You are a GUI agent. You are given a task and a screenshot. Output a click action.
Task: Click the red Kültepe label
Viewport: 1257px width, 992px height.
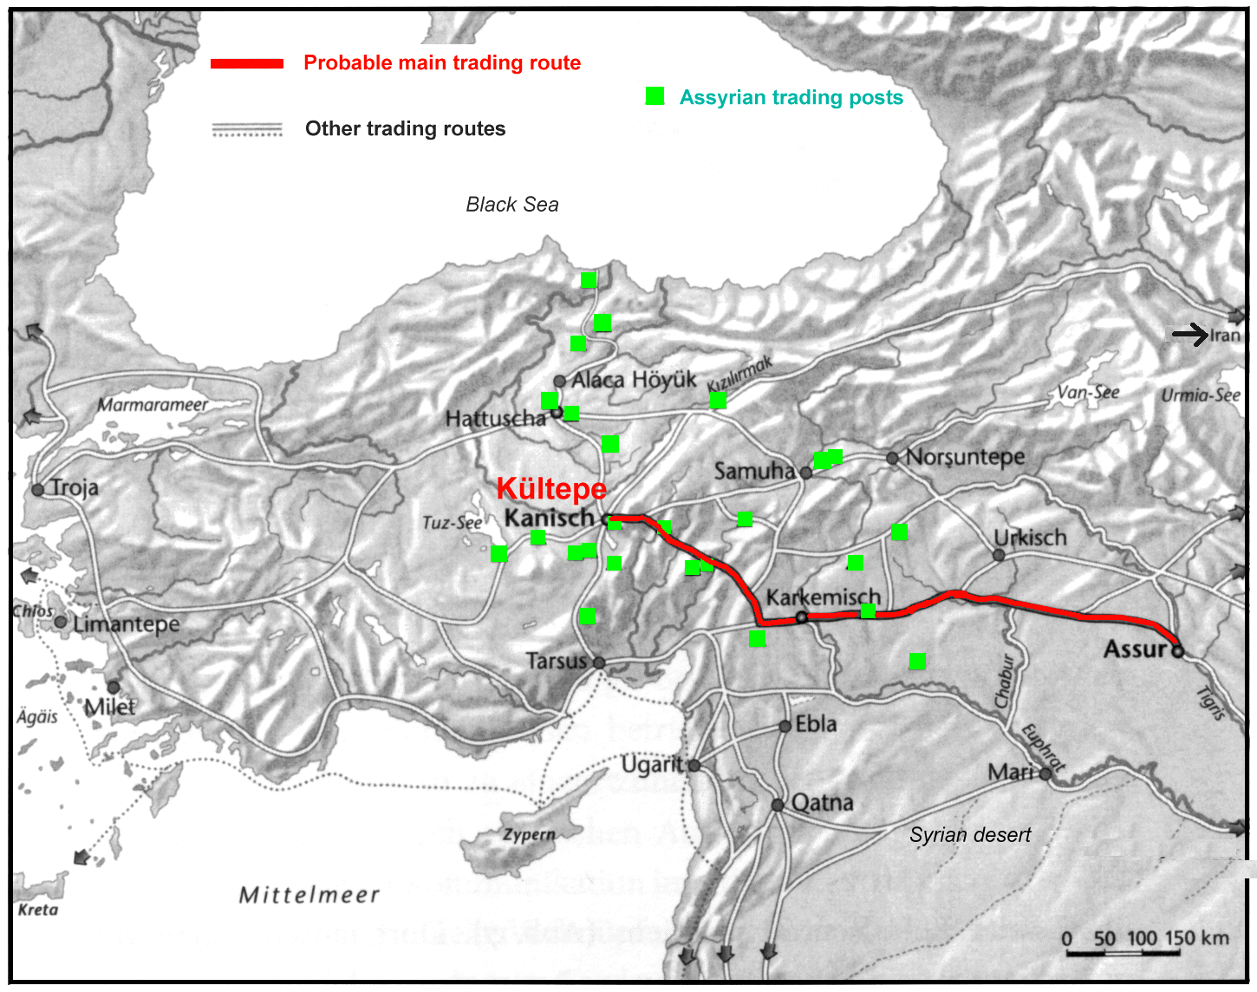pyautogui.click(x=551, y=489)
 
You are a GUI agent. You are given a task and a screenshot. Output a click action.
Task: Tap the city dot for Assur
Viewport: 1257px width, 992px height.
pyautogui.click(x=1177, y=650)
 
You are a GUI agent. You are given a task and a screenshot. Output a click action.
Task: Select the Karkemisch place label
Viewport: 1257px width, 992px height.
pyautogui.click(x=823, y=597)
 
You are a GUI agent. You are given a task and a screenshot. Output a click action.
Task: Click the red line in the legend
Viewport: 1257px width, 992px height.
pyautogui.click(x=247, y=63)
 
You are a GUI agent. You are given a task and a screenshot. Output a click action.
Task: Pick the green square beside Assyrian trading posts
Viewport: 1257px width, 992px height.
pyautogui.click(x=655, y=96)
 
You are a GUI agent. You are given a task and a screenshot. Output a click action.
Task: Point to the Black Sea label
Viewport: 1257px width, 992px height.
pyautogui.click(x=511, y=205)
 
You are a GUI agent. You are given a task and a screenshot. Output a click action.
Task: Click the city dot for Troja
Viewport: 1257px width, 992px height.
pyautogui.click(x=38, y=490)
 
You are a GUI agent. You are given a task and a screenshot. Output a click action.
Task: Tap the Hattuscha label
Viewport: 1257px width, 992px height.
pyautogui.click(x=495, y=419)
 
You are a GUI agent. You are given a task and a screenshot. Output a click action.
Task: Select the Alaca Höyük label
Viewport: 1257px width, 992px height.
pyautogui.click(x=634, y=380)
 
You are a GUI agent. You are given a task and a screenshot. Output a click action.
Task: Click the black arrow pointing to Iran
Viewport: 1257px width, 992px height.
pyautogui.click(x=1190, y=334)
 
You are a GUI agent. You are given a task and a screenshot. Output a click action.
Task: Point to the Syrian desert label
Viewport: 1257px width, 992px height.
pyautogui.click(x=969, y=835)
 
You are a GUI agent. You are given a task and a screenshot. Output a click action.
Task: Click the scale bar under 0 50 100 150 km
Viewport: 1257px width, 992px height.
pyautogui.click(x=1123, y=953)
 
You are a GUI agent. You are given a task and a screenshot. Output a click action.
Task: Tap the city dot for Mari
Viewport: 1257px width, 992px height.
pyautogui.click(x=1045, y=773)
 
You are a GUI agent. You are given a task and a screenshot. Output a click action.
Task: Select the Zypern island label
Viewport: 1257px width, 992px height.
pyautogui.click(x=529, y=834)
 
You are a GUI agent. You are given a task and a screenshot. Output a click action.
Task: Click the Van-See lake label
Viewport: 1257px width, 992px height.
pyautogui.click(x=1088, y=393)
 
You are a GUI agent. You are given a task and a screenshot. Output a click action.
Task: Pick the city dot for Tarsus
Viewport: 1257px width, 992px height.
pyautogui.click(x=599, y=662)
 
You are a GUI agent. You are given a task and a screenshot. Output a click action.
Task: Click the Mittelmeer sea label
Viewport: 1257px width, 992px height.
pyautogui.click(x=309, y=895)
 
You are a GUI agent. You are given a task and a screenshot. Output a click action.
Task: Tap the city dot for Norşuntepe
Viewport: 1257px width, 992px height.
pyautogui.click(x=892, y=458)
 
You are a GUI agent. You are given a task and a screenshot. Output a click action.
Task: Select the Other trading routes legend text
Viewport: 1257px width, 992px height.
pyautogui.click(x=405, y=129)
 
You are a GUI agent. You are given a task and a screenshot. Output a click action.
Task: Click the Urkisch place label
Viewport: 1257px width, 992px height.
pyautogui.click(x=1030, y=538)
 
